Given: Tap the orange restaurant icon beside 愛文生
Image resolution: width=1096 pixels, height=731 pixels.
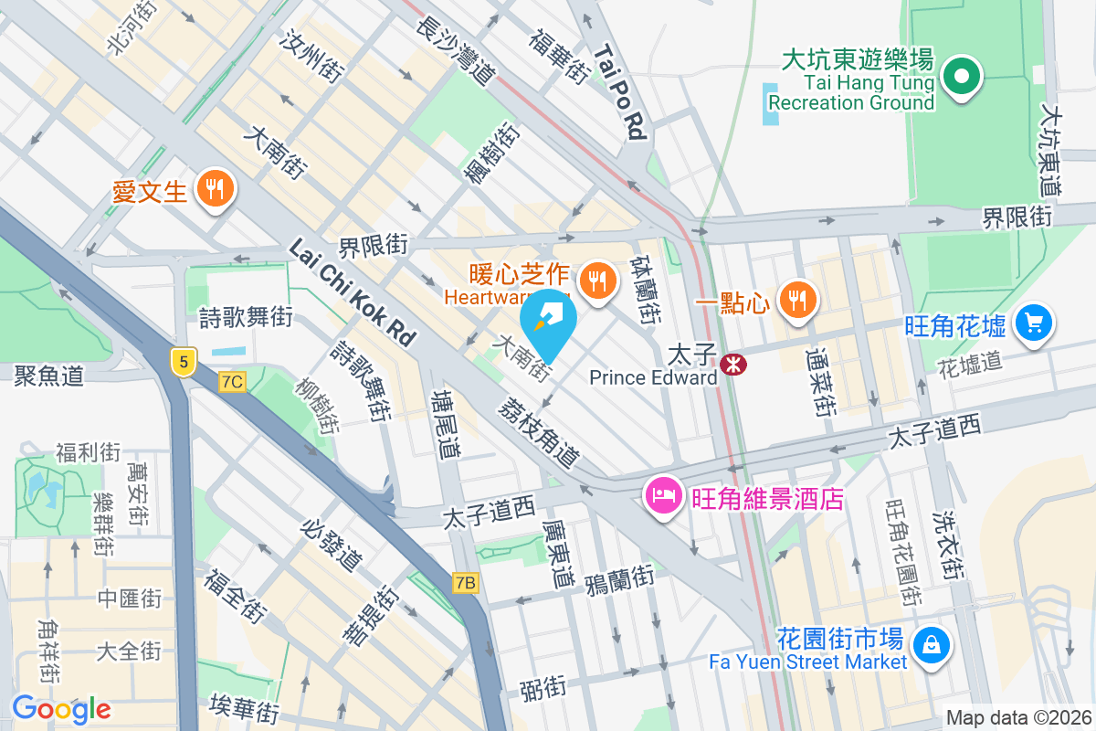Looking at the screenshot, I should [216, 190].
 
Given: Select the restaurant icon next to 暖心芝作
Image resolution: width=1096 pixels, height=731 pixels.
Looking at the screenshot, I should [598, 281].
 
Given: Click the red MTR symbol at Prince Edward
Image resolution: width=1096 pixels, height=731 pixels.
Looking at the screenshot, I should [732, 365].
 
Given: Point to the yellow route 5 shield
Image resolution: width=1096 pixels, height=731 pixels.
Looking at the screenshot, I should [184, 362].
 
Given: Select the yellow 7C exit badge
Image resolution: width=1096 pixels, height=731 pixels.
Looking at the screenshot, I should [232, 383].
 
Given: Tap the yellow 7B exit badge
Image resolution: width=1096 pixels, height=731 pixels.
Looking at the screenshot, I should [466, 582].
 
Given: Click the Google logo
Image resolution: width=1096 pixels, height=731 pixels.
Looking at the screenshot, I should [61, 709].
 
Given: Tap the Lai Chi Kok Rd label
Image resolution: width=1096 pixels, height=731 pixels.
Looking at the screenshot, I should [353, 292].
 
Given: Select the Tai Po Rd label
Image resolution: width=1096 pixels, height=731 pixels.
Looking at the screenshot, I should [619, 92].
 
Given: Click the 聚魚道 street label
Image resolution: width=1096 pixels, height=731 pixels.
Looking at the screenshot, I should [49, 376].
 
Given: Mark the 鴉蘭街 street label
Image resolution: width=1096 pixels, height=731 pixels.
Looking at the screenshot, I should [619, 577].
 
